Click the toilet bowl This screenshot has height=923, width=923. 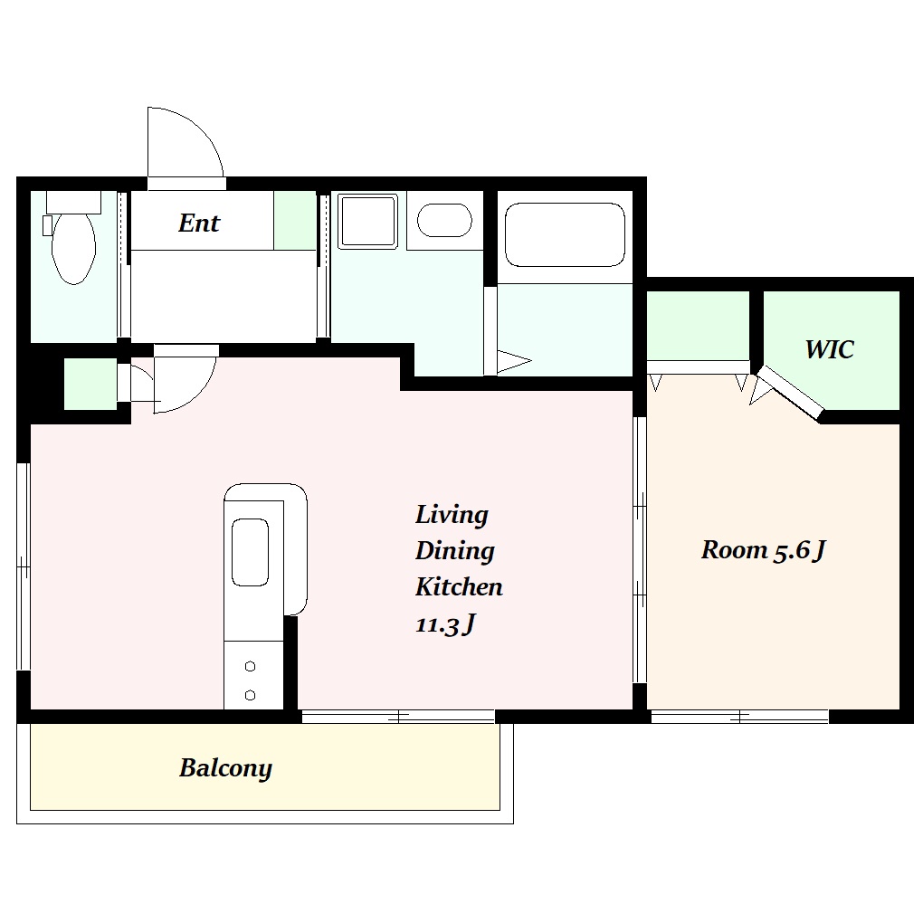[73, 249]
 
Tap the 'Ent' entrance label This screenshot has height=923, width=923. [199, 224]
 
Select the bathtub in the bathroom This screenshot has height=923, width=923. [565, 234]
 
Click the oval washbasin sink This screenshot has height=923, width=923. [444, 220]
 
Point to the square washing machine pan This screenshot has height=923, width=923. [367, 221]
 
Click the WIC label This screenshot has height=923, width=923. [829, 349]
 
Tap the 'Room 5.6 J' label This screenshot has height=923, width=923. [764, 550]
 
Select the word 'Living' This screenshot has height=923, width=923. [452, 515]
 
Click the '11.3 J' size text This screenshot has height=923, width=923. [445, 624]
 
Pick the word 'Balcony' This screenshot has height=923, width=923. [225, 769]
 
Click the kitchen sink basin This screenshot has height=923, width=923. [250, 552]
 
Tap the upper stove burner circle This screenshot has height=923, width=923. [250, 666]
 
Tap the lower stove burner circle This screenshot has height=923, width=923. [250, 695]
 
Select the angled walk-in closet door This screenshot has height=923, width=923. [791, 394]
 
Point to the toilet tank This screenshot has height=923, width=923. [73, 202]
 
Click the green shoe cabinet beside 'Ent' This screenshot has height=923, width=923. [295, 220]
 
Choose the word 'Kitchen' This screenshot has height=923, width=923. [459, 587]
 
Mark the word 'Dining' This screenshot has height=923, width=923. [454, 552]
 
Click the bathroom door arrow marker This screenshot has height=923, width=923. [514, 361]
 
